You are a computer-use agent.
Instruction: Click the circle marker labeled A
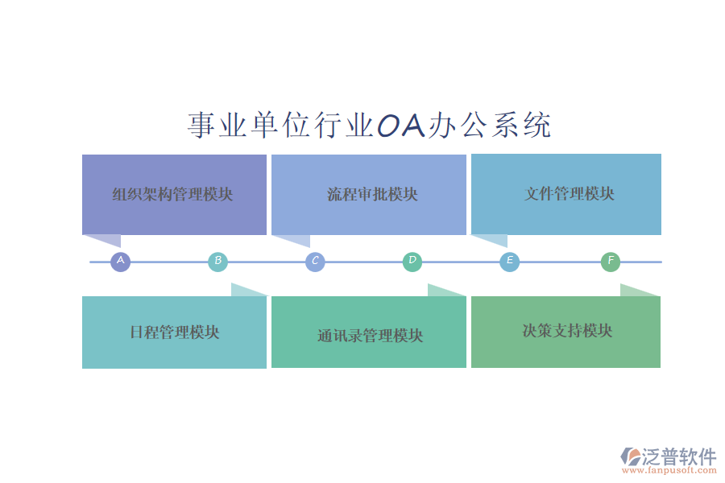click(x=120, y=262)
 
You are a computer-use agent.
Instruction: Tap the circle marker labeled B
click(x=217, y=262)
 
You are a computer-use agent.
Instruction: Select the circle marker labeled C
click(x=315, y=262)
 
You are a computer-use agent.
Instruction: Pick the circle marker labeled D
click(x=412, y=261)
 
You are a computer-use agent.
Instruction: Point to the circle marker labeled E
click(x=509, y=262)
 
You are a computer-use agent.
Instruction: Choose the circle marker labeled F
click(x=611, y=262)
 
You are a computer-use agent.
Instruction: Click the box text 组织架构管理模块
click(x=172, y=194)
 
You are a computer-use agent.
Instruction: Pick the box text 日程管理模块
click(x=174, y=332)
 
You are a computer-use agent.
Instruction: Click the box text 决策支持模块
click(x=567, y=331)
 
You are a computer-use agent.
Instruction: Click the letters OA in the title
click(x=401, y=126)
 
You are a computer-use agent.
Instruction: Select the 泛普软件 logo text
click(x=679, y=457)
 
